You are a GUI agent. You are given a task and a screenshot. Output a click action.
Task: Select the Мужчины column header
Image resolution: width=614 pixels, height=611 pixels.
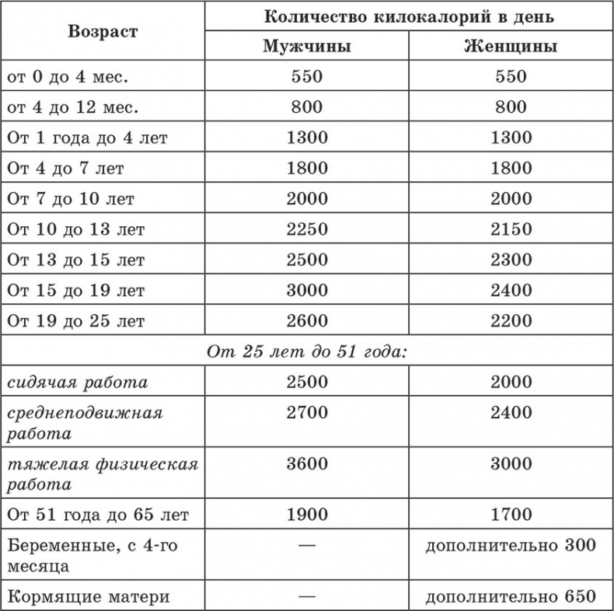pyautogui.click(x=306, y=46)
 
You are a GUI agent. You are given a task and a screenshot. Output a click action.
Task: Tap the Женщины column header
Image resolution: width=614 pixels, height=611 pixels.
pyautogui.click(x=510, y=46)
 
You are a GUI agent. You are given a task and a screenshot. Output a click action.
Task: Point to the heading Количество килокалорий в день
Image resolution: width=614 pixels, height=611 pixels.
pyautogui.click(x=409, y=16)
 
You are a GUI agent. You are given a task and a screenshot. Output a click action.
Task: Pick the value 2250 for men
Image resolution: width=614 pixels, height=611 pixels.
pyautogui.click(x=306, y=229)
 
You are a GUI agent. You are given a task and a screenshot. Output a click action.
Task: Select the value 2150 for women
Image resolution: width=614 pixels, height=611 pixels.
pyautogui.click(x=511, y=229)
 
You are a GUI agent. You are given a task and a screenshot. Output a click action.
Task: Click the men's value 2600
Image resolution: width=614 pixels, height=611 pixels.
pyautogui.click(x=306, y=320)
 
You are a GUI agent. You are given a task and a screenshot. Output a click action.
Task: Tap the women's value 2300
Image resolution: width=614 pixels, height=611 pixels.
pyautogui.click(x=511, y=259)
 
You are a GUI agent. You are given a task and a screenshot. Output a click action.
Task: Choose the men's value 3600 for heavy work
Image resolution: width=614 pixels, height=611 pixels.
pyautogui.click(x=306, y=464)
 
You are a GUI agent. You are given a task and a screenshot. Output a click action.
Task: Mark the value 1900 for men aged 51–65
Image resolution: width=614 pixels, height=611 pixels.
pyautogui.click(x=306, y=514)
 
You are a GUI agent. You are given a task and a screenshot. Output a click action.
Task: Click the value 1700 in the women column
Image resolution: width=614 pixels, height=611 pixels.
pyautogui.click(x=511, y=514)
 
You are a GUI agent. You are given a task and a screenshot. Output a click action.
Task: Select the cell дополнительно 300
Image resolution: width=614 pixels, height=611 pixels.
pyautogui.click(x=510, y=545)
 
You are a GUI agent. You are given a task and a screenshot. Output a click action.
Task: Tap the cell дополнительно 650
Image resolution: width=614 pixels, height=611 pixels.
pyautogui.click(x=510, y=596)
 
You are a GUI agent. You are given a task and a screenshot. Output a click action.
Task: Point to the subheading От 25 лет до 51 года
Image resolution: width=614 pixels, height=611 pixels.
pyautogui.click(x=307, y=351)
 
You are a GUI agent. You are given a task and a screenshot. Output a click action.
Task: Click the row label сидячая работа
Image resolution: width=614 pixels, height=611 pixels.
pyautogui.click(x=77, y=382)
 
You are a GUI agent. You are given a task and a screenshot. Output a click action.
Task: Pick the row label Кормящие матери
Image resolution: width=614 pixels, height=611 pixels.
pyautogui.click(x=89, y=596)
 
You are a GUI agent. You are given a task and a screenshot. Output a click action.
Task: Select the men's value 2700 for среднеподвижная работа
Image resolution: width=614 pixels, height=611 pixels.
pyautogui.click(x=306, y=413)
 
